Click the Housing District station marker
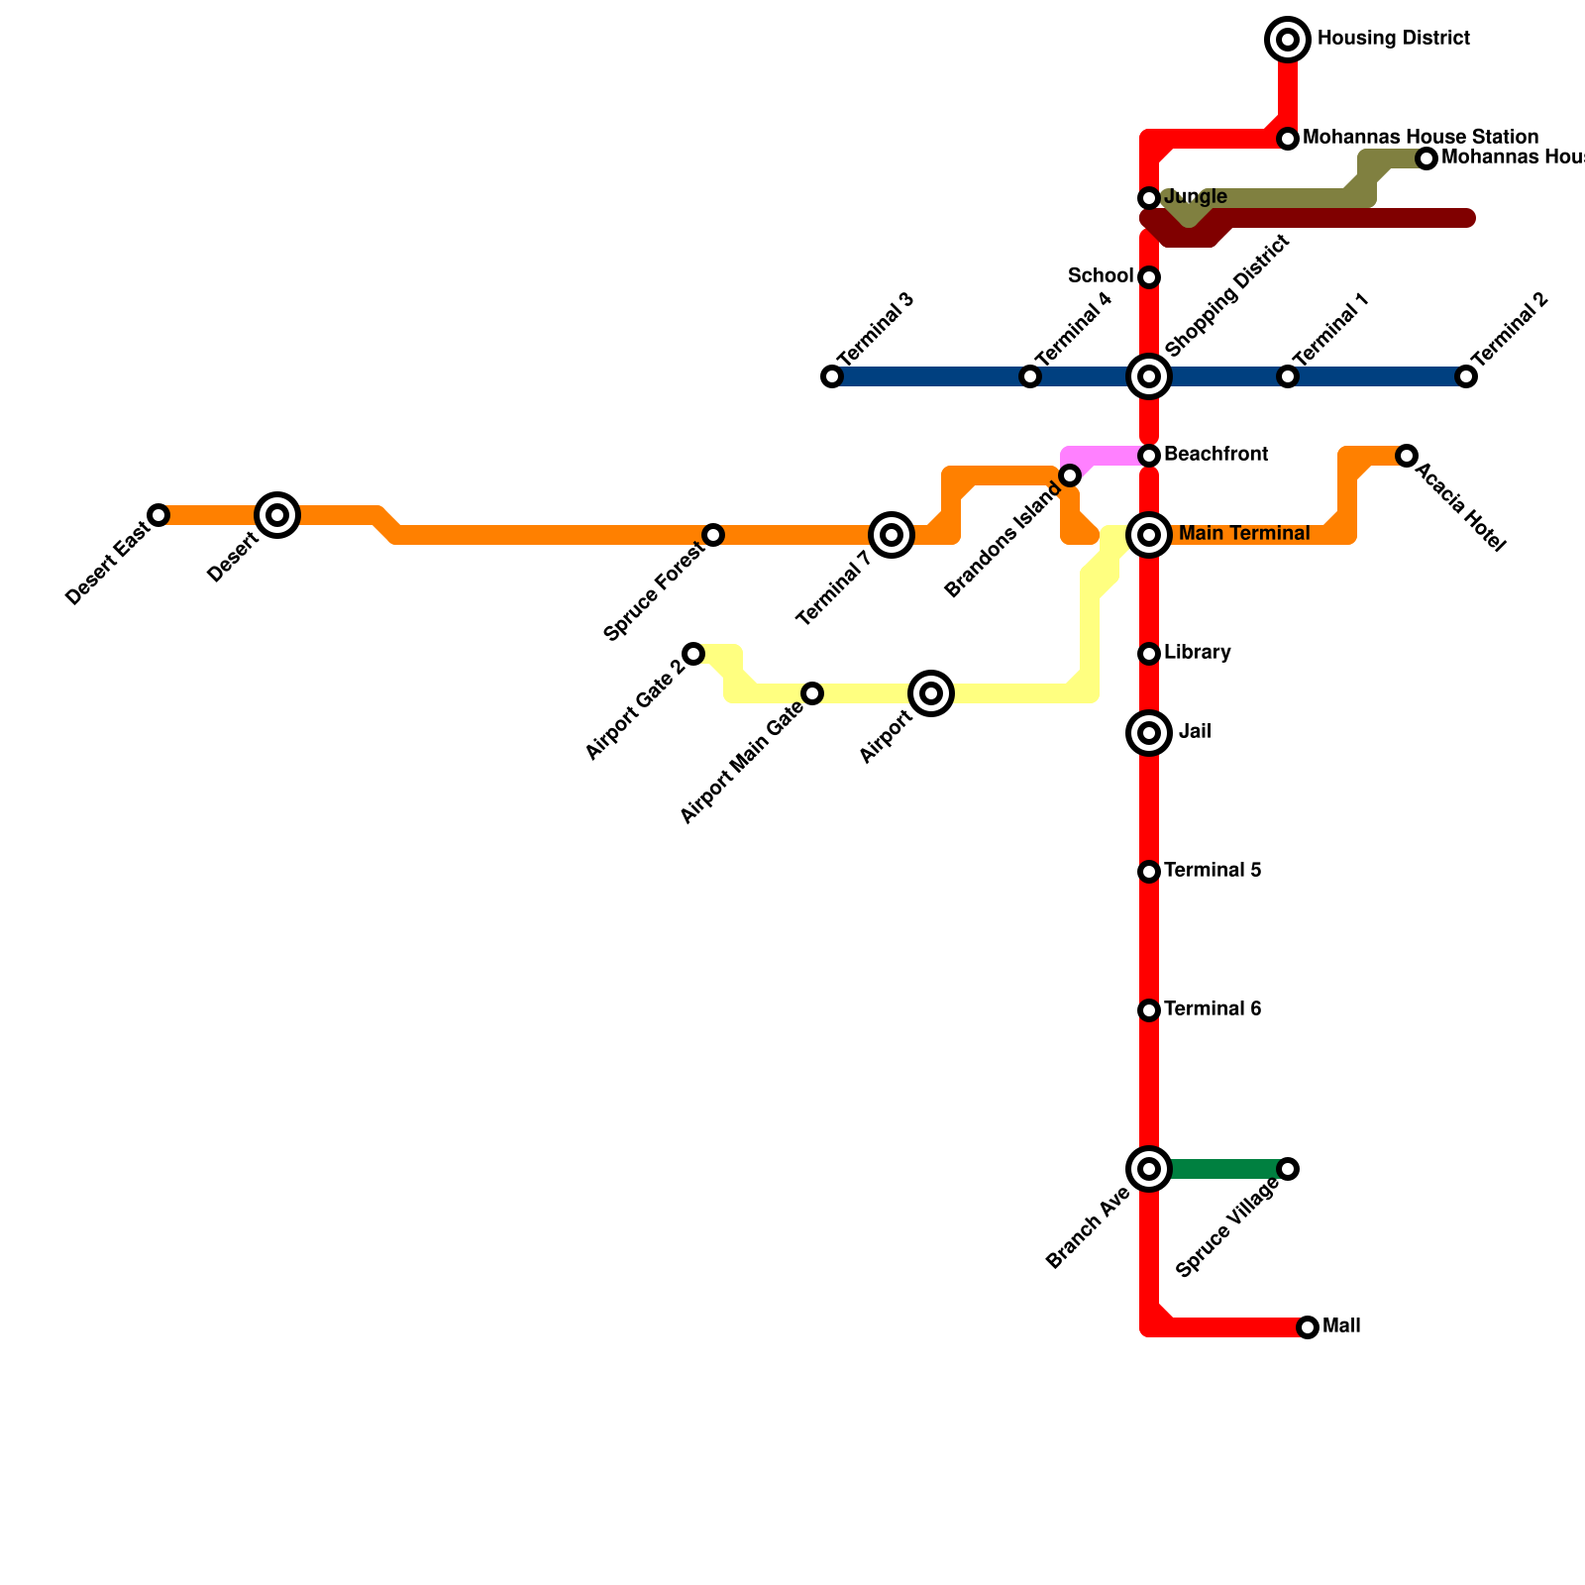[1288, 40]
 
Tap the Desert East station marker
[158, 515]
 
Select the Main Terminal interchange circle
[1149, 535]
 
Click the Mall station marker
[1308, 1327]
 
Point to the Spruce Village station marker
[1288, 1169]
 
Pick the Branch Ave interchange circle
[1149, 1169]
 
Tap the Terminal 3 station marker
[832, 376]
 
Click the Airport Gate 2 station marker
[693, 654]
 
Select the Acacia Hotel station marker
[1407, 456]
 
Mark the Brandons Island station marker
[1070, 475]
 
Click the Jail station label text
[1195, 733]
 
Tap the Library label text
[1198, 653]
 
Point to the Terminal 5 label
[1213, 871]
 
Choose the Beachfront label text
[1215, 455]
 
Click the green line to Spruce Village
[1223, 1169]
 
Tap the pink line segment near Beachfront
[1105, 456]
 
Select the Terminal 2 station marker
[1466, 376]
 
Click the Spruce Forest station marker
[713, 535]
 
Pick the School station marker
[1149, 277]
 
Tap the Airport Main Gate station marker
[812, 693]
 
